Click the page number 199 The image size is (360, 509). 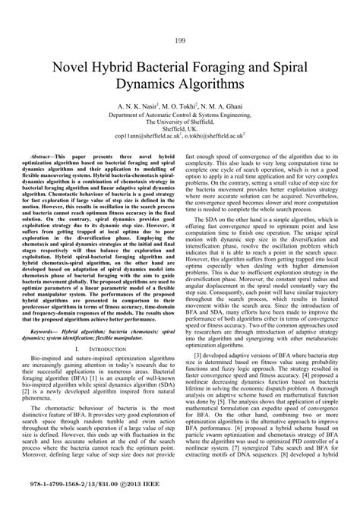click(x=180, y=40)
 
